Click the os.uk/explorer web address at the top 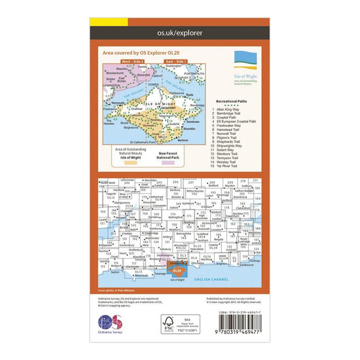click(x=180, y=31)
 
